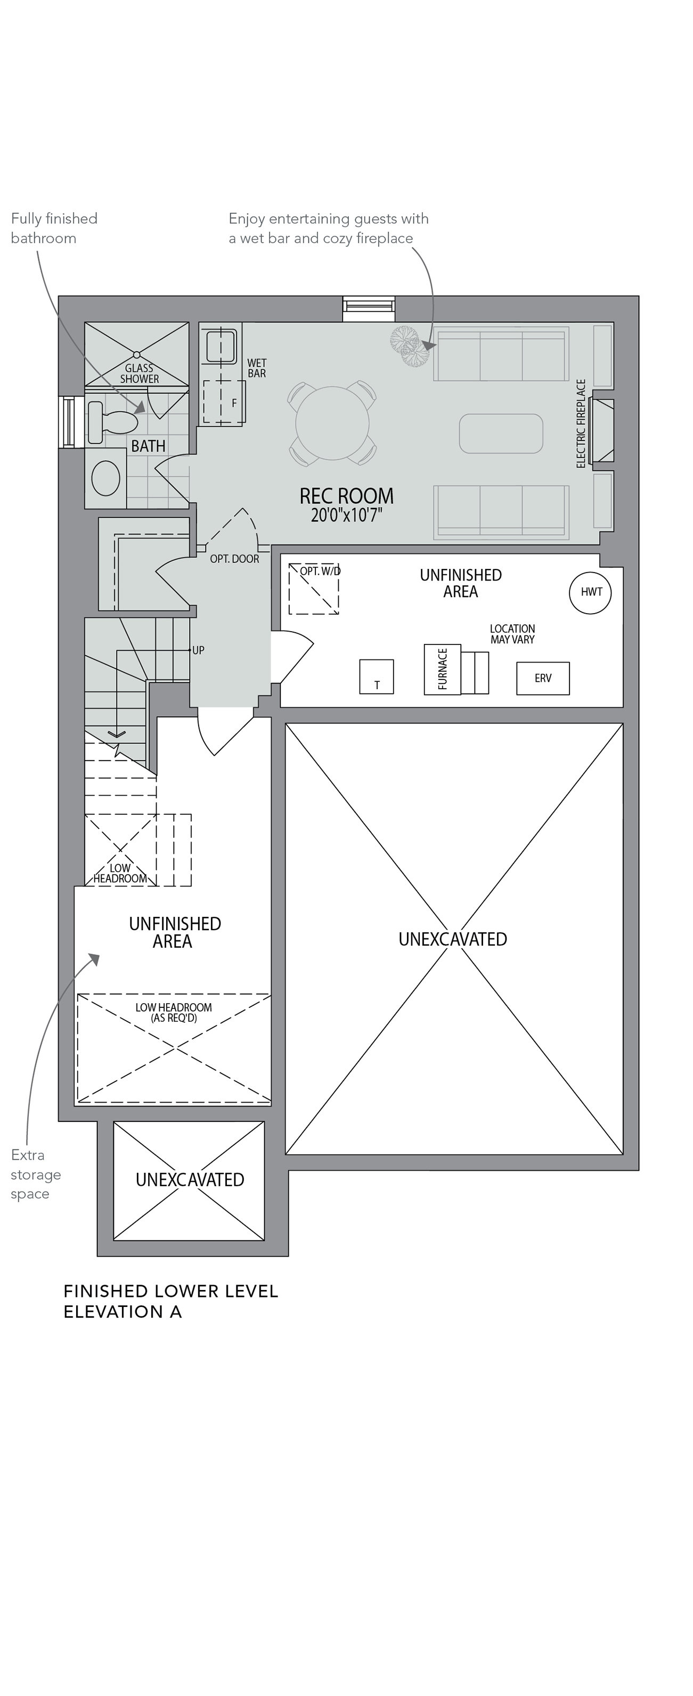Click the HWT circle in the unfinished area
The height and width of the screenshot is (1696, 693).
point(590,592)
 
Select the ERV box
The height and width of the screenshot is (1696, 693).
point(543,678)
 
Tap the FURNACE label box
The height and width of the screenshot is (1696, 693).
point(442,669)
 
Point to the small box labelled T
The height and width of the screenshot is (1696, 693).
point(376,677)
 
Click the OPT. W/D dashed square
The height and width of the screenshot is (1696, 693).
point(314,589)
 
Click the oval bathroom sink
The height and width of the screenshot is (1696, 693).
point(105,477)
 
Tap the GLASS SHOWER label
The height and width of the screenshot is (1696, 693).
point(139,373)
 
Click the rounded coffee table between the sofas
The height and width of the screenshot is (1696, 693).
point(501,433)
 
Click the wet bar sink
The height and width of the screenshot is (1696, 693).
point(220,346)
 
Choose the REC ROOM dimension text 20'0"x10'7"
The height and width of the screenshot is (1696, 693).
point(346,515)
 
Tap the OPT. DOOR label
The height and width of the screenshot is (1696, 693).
point(234,559)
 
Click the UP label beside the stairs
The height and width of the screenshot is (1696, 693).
point(198,650)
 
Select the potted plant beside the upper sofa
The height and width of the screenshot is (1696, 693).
point(409,348)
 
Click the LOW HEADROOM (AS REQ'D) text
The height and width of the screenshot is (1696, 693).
point(173,1013)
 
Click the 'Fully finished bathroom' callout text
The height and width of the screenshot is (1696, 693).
point(54,228)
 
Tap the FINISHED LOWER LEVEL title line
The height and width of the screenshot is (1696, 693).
point(170,1291)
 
